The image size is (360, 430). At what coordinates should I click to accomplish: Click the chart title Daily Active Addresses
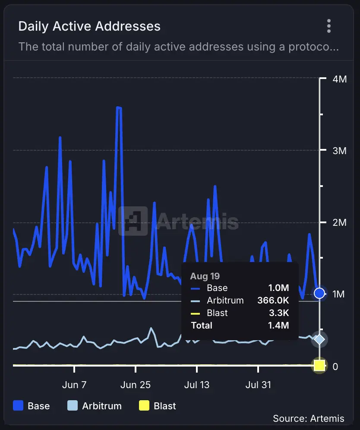[89, 26]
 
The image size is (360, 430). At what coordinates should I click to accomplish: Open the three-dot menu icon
[329, 26]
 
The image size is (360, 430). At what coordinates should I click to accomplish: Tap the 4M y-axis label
[340, 79]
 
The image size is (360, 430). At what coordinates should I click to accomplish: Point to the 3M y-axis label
[340, 151]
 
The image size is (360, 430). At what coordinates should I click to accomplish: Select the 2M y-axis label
[340, 222]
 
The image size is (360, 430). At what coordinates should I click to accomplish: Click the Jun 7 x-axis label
[74, 385]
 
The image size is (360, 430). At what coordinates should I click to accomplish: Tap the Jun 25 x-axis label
[136, 385]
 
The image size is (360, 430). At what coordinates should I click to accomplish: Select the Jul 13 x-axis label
[197, 385]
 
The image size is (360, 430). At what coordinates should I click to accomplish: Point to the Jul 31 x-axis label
[258, 385]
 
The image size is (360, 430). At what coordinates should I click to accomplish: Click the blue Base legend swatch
[18, 406]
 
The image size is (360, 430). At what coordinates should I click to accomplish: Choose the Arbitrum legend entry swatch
[73, 406]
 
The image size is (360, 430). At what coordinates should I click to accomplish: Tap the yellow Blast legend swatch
[144, 406]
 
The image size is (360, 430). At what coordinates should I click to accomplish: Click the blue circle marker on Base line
[319, 294]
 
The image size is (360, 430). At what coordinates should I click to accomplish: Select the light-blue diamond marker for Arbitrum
[319, 339]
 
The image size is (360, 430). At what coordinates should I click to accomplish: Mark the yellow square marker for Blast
[319, 366]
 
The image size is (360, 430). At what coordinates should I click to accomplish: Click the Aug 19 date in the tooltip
[205, 276]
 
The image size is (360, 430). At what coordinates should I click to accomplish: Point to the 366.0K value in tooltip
[273, 300]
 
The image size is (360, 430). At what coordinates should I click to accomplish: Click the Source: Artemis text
[309, 418]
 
